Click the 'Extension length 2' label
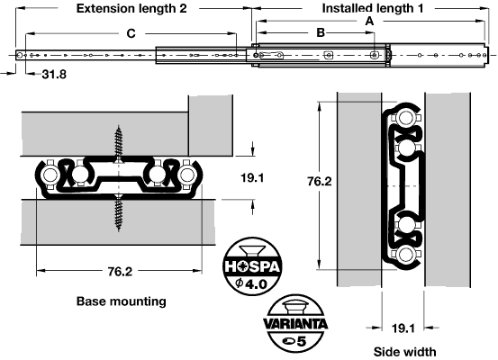[131, 9]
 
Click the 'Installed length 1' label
[373, 9]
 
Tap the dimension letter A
[369, 21]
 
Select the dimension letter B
[321, 32]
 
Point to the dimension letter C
[131, 33]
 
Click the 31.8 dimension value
[54, 75]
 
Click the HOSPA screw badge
[252, 266]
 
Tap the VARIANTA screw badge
[295, 323]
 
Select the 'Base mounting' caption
[122, 301]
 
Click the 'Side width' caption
[404, 352]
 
